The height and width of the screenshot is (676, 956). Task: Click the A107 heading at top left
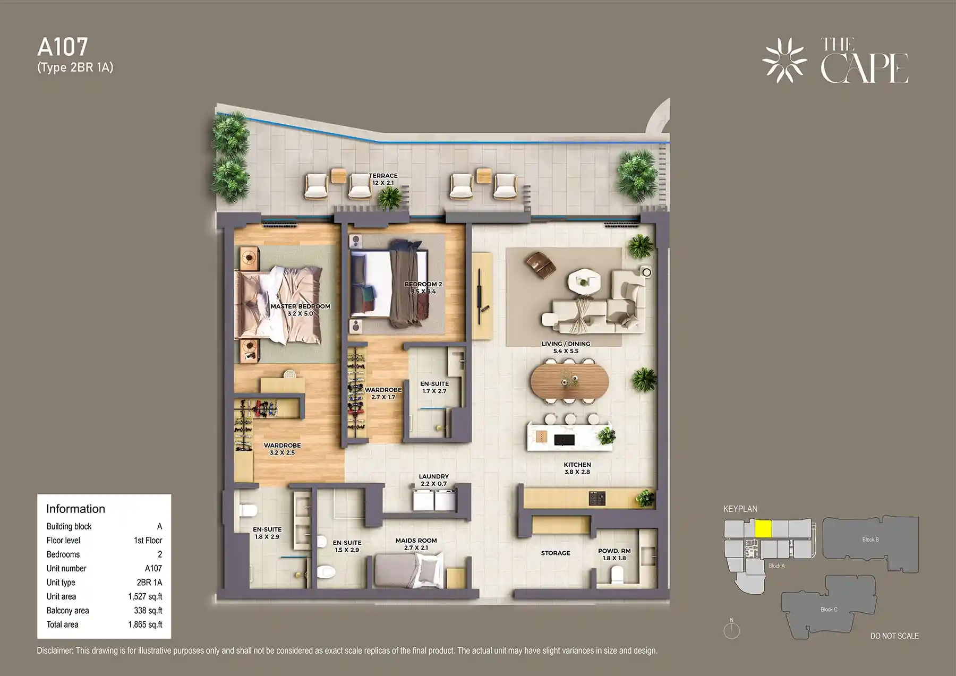(63, 47)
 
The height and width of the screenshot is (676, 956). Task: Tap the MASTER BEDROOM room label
(300, 310)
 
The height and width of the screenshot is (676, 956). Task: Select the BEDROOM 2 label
(423, 287)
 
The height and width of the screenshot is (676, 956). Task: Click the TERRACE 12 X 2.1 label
(383, 179)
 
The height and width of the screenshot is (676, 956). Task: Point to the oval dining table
(569, 380)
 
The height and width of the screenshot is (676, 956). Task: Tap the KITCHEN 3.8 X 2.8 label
(577, 468)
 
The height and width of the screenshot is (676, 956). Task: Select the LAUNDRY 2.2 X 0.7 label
(433, 480)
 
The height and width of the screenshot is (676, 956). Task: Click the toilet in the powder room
(617, 575)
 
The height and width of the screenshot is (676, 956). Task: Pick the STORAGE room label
(556, 553)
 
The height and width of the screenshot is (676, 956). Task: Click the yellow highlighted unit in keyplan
(763, 529)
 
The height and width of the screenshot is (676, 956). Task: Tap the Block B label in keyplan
(870, 540)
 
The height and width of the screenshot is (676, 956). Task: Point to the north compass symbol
(731, 630)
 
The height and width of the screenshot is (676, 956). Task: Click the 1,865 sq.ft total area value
(145, 624)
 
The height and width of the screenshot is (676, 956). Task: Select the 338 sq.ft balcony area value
(148, 611)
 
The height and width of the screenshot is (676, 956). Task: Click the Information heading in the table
(75, 509)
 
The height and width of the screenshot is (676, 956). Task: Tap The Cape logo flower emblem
(784, 61)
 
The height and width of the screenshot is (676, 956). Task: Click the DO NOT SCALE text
(894, 636)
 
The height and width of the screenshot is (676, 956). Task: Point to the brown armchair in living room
(540, 263)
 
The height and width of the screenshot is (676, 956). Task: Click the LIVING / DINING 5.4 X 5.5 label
(566, 347)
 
